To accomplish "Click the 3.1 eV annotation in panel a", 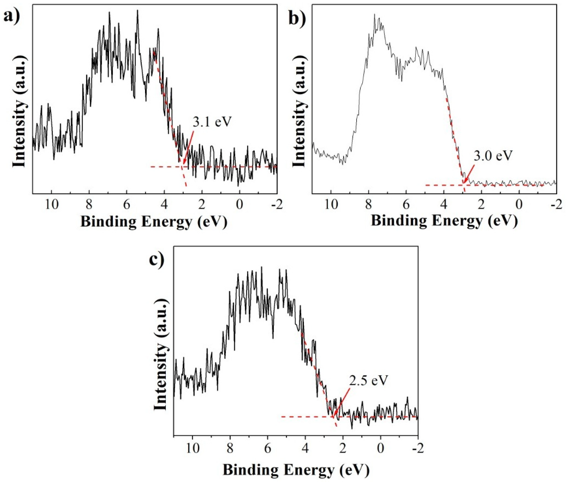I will click(x=212, y=122).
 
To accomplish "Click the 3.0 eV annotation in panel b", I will click(x=493, y=156).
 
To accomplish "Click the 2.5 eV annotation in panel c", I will click(x=368, y=380).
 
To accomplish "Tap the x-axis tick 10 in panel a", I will click(x=52, y=204).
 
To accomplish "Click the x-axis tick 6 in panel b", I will click(x=406, y=204).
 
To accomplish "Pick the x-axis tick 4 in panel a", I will click(x=164, y=204).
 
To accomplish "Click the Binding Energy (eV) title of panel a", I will click(x=154, y=222).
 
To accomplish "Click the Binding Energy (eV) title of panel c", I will click(x=296, y=470).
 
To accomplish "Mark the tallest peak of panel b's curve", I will click(x=374, y=14).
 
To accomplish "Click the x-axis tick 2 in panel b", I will click(x=481, y=204).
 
